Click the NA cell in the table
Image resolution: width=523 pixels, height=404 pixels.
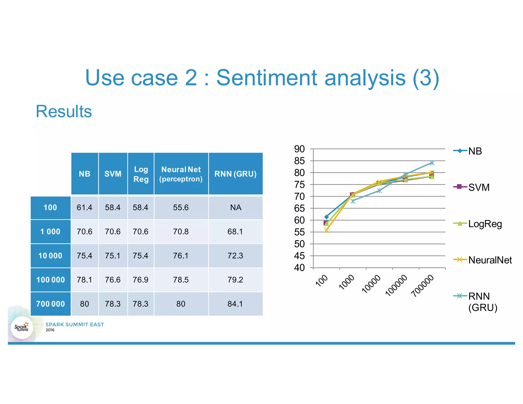235,208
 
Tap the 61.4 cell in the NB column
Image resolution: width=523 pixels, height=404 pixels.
85,208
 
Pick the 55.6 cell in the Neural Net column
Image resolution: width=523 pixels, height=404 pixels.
181,208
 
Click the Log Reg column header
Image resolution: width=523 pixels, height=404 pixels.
141,174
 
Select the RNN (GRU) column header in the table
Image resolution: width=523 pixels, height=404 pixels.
235,174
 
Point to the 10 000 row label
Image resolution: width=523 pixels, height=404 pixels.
50,256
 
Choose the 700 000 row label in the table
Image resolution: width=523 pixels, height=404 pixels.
50,304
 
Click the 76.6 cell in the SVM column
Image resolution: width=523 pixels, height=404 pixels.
113,280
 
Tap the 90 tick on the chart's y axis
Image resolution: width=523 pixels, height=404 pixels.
300,149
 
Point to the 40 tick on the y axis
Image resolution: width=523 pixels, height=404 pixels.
300,268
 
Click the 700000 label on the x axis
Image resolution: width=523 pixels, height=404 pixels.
423,286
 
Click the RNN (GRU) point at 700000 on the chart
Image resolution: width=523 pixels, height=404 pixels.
432,163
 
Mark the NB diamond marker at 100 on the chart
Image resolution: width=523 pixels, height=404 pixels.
326,217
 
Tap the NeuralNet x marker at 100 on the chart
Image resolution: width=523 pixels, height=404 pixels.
326,230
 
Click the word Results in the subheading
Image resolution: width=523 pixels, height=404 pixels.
64,112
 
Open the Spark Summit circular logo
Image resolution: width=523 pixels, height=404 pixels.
22,328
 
